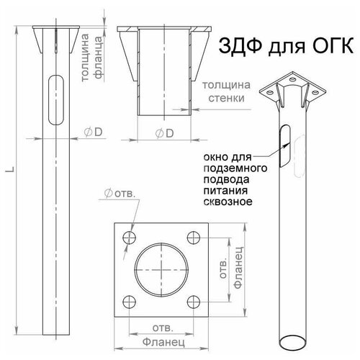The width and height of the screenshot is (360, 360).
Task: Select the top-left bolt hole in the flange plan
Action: [129, 237]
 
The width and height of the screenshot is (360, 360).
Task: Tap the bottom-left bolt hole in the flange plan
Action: [129, 303]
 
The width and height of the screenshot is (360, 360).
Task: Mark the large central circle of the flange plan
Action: [162, 270]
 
